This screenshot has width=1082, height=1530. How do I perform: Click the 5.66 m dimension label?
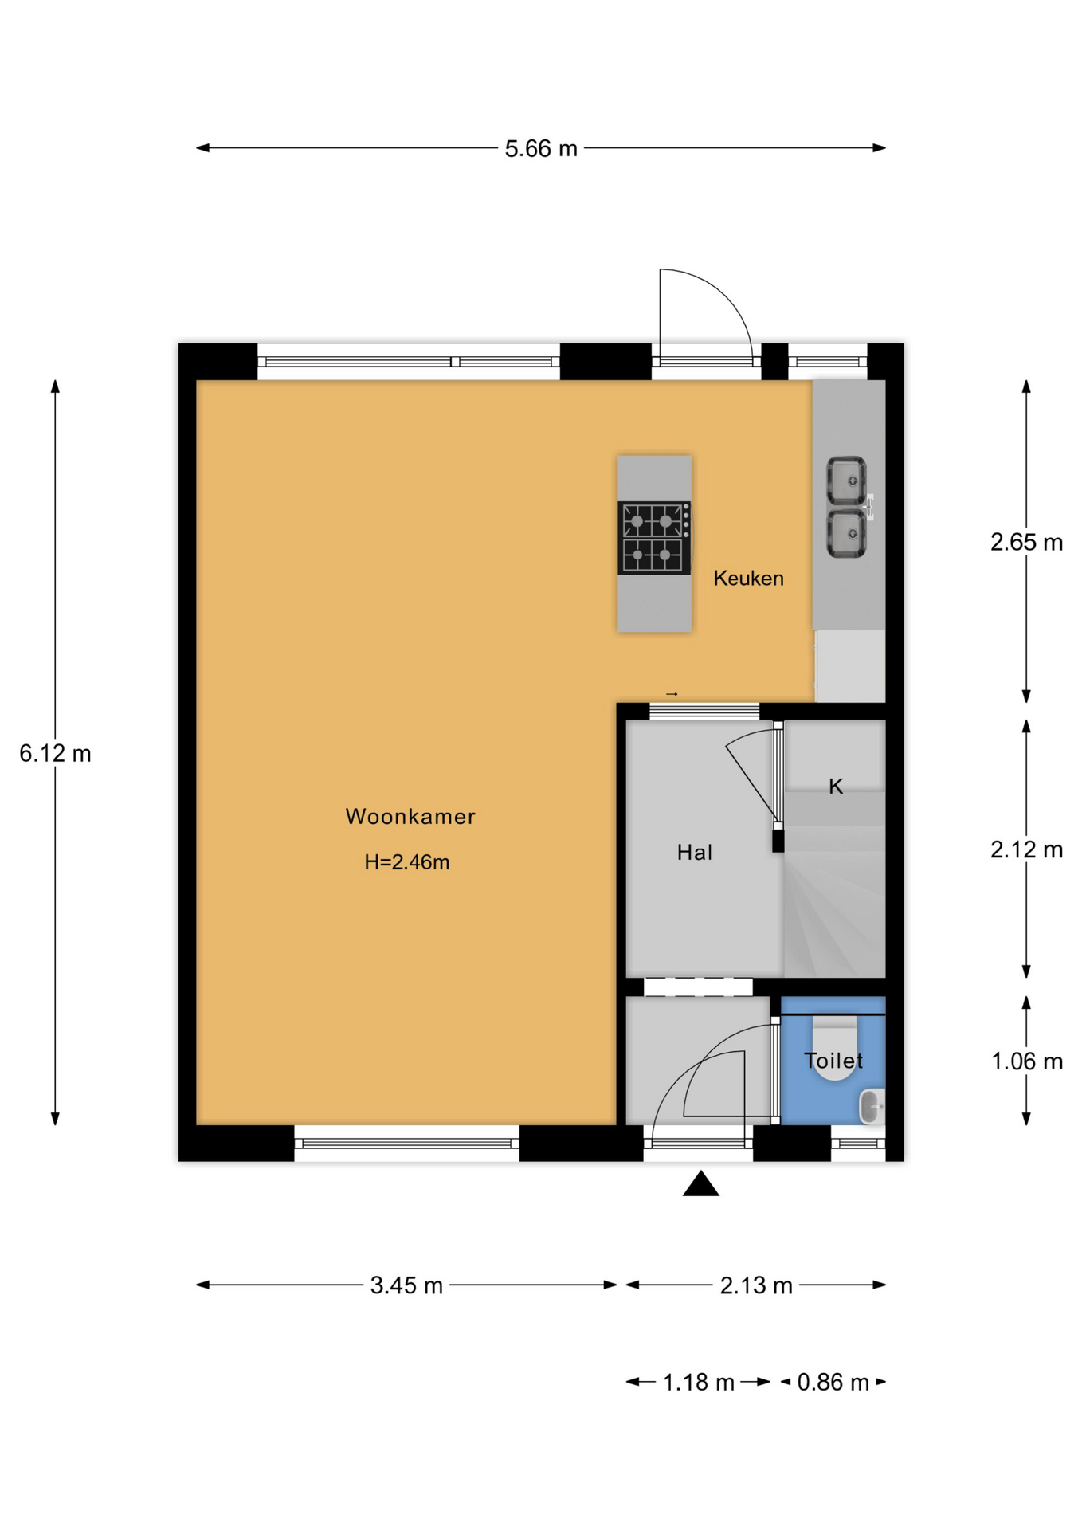pyautogui.click(x=541, y=148)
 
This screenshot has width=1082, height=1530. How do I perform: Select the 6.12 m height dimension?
pyautogui.click(x=55, y=754)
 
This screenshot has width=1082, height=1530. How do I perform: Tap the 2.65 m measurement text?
pyautogui.click(x=1026, y=543)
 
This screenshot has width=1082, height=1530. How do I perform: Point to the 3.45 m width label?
pyautogui.click(x=406, y=1285)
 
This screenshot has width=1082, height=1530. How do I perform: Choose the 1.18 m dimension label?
pyautogui.click(x=699, y=1382)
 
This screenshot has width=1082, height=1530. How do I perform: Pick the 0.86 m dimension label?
pyautogui.click(x=833, y=1382)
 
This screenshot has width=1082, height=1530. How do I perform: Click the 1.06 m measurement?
pyautogui.click(x=1027, y=1061)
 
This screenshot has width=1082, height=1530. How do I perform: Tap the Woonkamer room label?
pyautogui.click(x=410, y=816)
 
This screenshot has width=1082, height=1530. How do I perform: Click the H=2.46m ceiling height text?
pyautogui.click(x=407, y=862)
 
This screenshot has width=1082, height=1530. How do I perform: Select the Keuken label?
pyautogui.click(x=748, y=579)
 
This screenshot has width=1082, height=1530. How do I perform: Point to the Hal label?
pyautogui.click(x=694, y=853)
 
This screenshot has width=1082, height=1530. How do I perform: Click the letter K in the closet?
pyautogui.click(x=836, y=787)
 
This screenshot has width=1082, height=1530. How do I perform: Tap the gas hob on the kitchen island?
pyautogui.click(x=654, y=538)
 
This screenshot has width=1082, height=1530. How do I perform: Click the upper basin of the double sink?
pyautogui.click(x=845, y=481)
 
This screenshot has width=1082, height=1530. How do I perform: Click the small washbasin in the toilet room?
pyautogui.click(x=872, y=1107)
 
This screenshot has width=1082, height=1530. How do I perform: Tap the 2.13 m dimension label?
pyautogui.click(x=756, y=1285)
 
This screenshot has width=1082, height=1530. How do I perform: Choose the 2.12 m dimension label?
pyautogui.click(x=1026, y=850)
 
